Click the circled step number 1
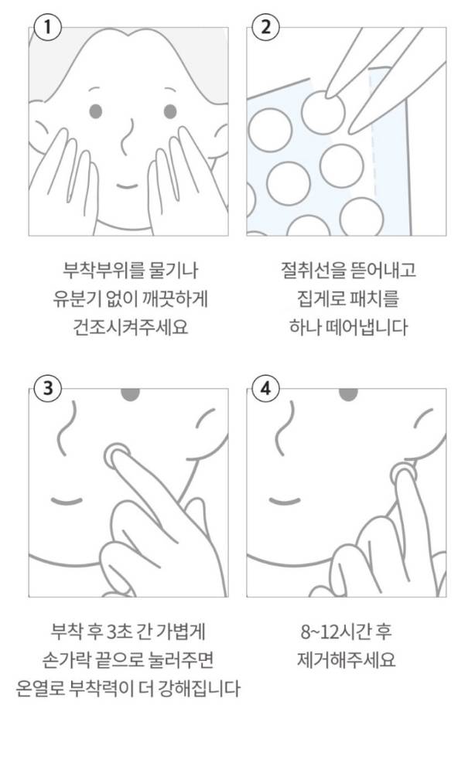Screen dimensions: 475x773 point(47,27)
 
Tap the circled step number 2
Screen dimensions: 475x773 point(265,27)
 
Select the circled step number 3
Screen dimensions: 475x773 point(47,389)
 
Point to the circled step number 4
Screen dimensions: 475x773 point(265,389)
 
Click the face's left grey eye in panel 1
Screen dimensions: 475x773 point(96,111)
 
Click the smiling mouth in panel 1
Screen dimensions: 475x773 point(127,186)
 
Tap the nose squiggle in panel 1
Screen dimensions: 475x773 point(127,135)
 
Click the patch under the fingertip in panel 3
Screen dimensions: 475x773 point(118,456)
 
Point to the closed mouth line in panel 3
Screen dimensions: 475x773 point(67,501)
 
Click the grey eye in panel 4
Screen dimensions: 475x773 point(348,393)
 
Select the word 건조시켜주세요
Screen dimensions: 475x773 point(131,327)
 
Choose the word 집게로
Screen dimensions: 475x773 point(320,298)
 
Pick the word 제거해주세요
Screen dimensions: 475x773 point(347,659)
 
